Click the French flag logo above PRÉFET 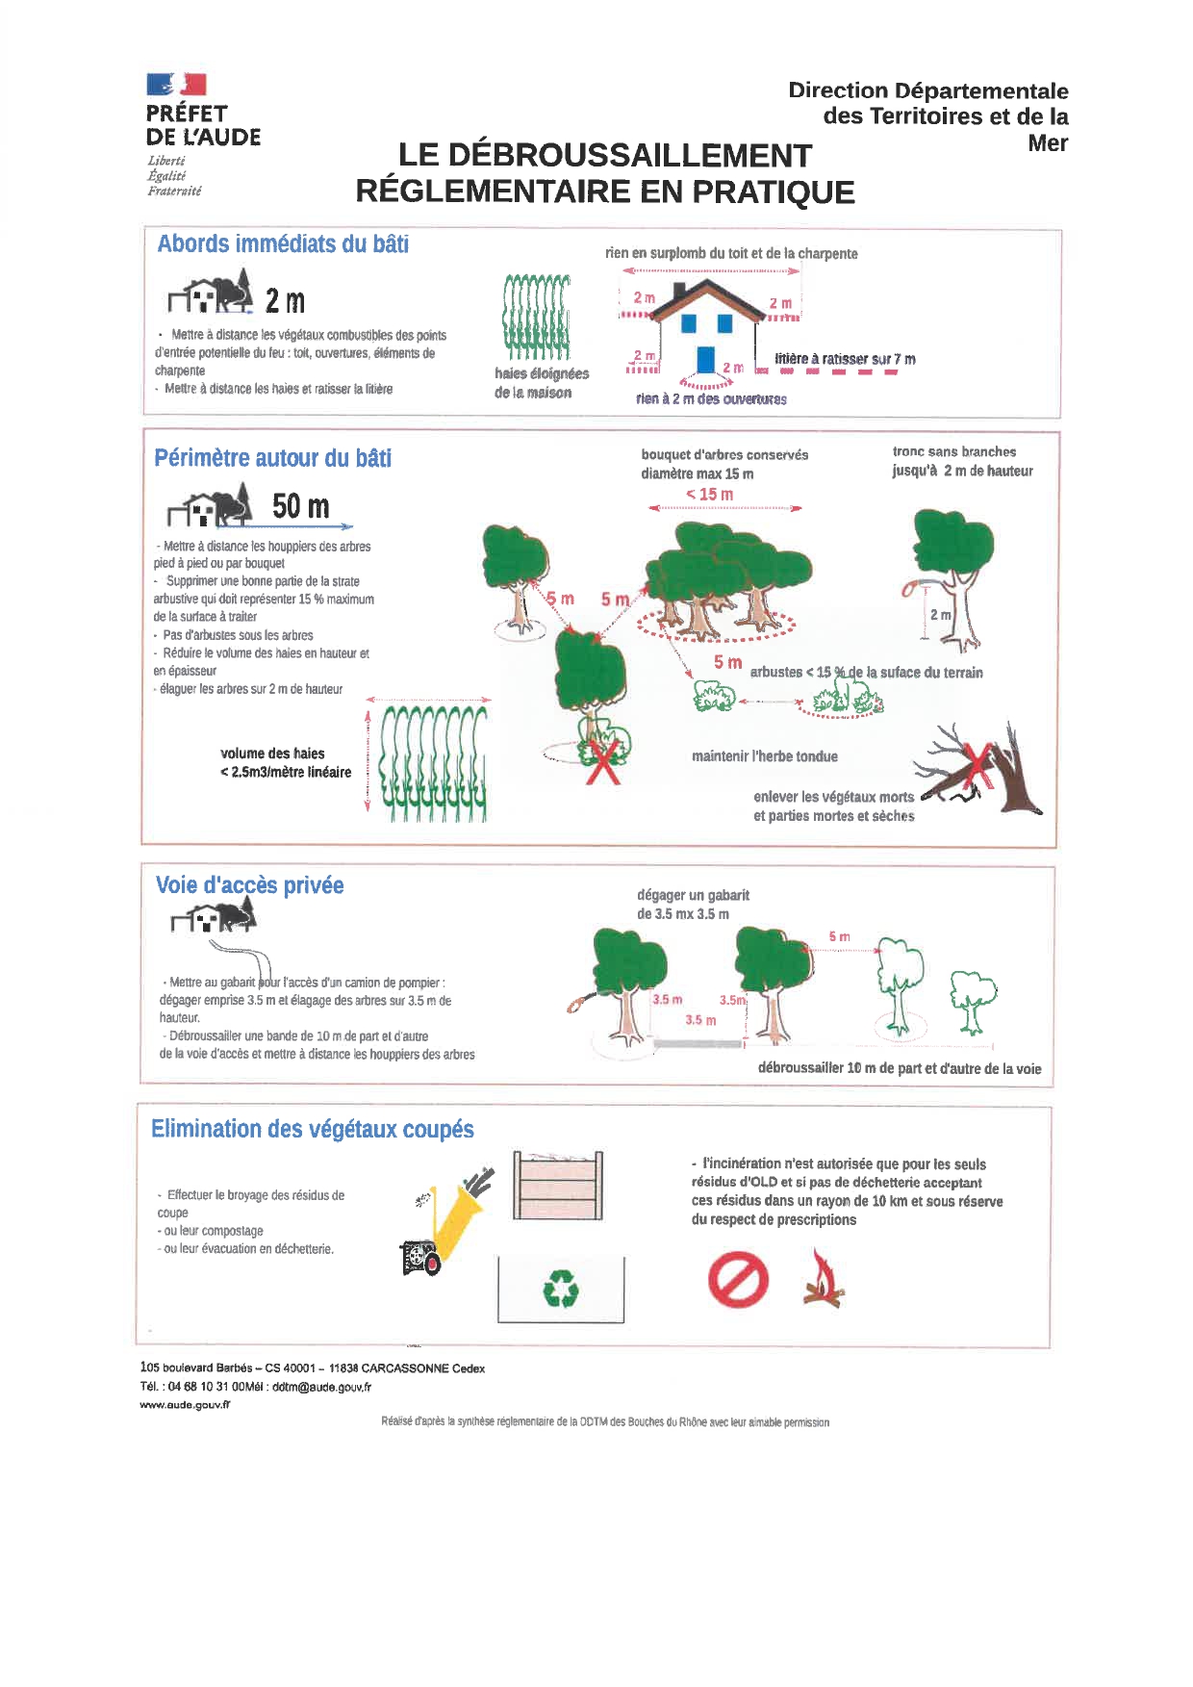(x=176, y=85)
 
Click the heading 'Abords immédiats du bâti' (x=283, y=244)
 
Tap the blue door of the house (x=705, y=359)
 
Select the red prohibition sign (x=738, y=1280)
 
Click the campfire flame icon (x=823, y=1279)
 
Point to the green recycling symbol (x=560, y=1289)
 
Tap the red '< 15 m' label (x=709, y=495)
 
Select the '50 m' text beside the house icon (x=300, y=506)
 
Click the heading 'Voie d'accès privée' (x=249, y=885)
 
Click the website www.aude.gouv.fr (x=185, y=1405)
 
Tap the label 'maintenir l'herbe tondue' (x=764, y=756)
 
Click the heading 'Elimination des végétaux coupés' (x=312, y=1129)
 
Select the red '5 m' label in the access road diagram (x=839, y=936)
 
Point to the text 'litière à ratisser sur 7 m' (x=845, y=359)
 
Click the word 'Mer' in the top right (x=1048, y=143)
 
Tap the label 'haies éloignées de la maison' (x=541, y=383)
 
